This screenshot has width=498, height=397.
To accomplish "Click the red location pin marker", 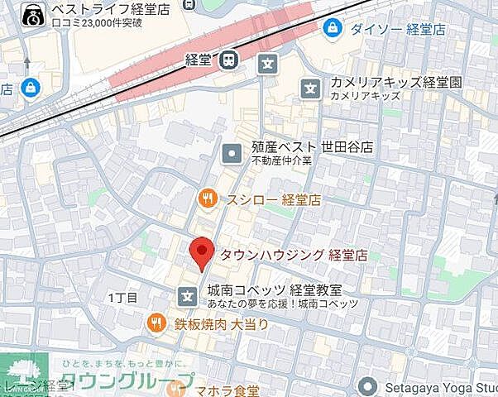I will pos(201,251).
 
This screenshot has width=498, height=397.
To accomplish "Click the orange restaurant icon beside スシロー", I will pos(208,198).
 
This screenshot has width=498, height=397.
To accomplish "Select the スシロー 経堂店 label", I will pos(273,199).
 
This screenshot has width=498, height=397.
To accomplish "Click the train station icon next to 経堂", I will pos(228,60).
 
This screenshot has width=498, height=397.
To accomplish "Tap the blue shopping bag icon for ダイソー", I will pos(333,28).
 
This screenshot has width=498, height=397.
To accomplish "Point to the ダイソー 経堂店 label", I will pos(397,28).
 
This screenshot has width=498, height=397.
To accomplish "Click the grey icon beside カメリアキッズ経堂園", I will pos(311,85).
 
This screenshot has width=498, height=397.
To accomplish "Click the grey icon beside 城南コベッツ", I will pos(189,294).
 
